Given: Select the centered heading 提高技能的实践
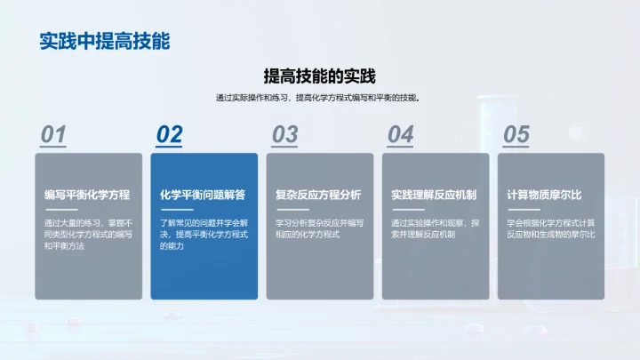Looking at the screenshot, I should pos(320,76).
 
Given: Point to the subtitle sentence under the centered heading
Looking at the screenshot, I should pos(320,98).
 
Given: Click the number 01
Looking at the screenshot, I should pos(54,134).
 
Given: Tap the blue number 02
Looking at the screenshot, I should pos(169,134).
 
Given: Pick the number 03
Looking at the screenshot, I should pos(284,134).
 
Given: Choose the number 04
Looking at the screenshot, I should pos(400,134).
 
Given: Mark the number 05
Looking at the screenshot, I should pos(516,134).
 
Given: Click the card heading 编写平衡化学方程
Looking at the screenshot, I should pos(87,195).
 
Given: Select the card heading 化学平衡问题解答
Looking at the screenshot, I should pos(203,195).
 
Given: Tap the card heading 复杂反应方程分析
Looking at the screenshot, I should pos(318,195).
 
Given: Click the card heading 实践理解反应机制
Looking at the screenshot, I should pos(434,195).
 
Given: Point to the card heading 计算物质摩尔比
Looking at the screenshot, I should pos(544,195).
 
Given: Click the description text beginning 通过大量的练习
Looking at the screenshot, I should pos(88,234).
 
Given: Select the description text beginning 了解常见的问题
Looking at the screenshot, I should pos(204,234).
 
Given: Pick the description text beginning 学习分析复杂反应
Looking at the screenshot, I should pos(319,228).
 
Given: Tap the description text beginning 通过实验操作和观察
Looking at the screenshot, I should pos(435,228).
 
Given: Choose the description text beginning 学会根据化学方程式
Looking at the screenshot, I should pos(550,228).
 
